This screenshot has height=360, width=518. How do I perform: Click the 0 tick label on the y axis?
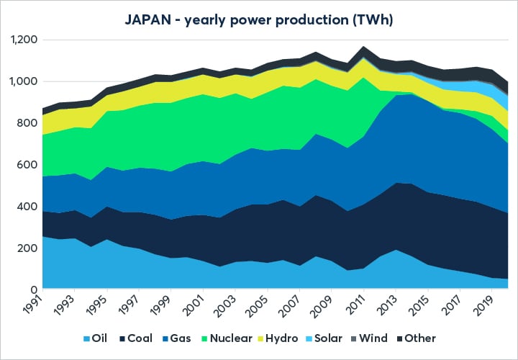point(33,289)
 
